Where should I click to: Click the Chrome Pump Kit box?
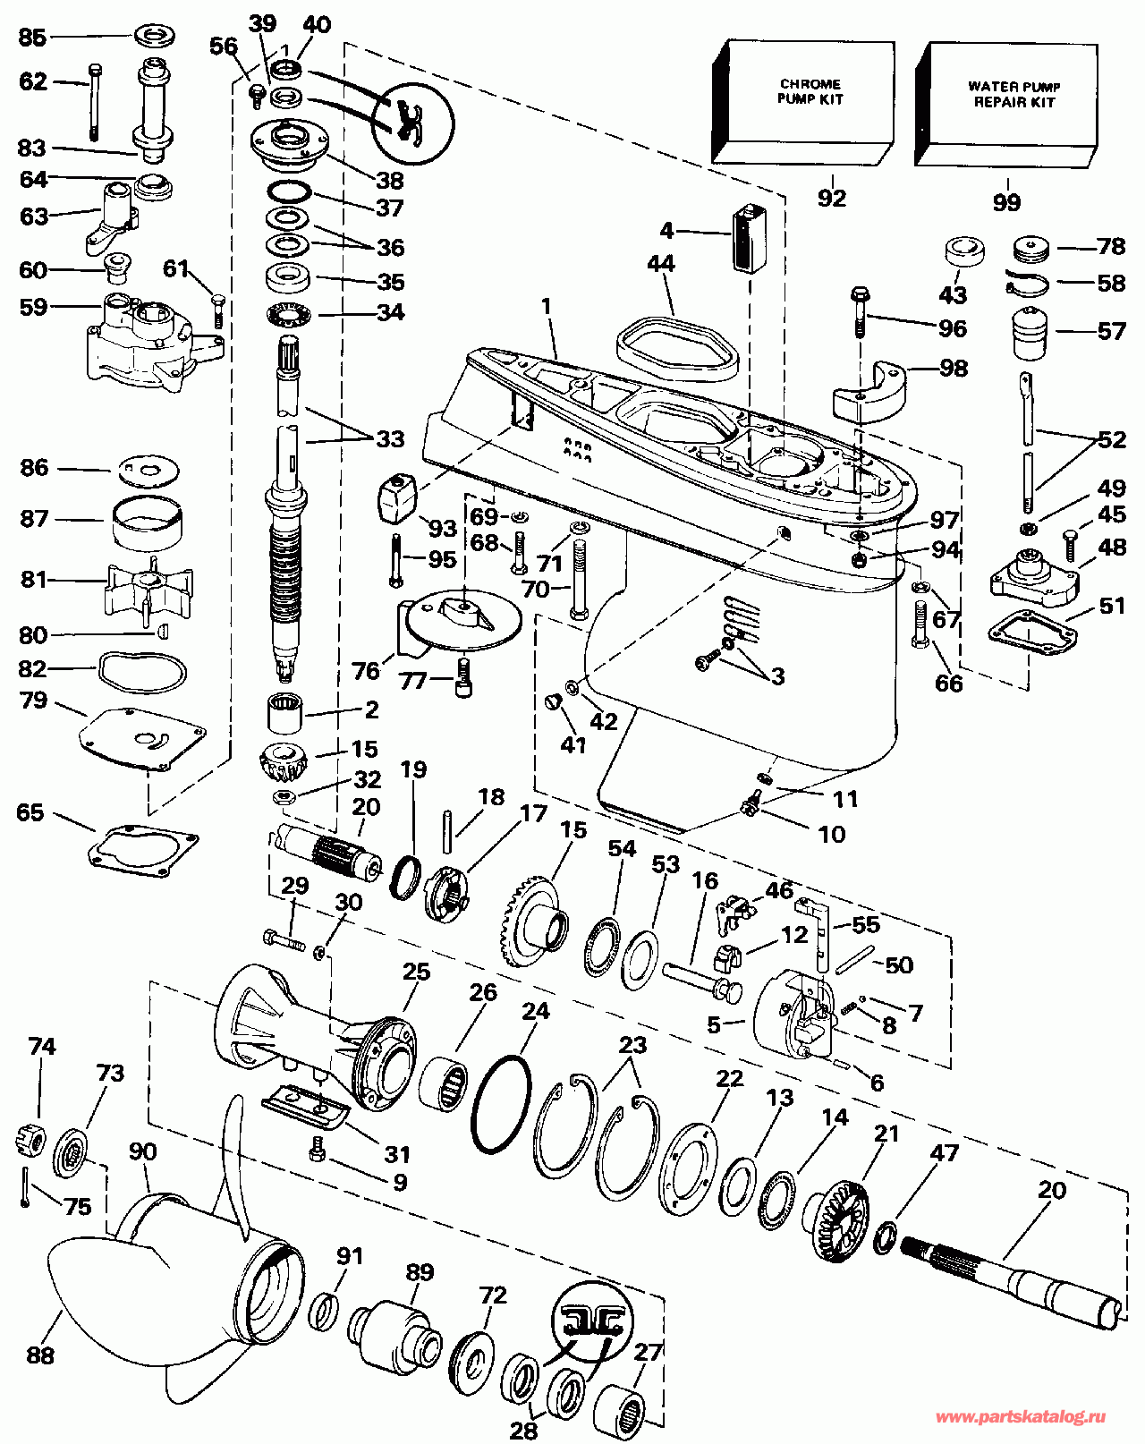pyautogui.click(x=803, y=98)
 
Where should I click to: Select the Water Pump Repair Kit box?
pyautogui.click(x=1007, y=101)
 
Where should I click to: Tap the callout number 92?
pyautogui.click(x=831, y=198)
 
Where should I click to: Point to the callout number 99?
pyautogui.click(x=1006, y=202)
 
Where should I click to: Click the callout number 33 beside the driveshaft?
pyautogui.click(x=390, y=439)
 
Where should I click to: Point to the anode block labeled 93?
pyautogui.click(x=394, y=497)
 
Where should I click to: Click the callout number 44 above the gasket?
pyautogui.click(x=661, y=264)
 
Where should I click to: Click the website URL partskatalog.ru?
pyautogui.click(x=1020, y=1417)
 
